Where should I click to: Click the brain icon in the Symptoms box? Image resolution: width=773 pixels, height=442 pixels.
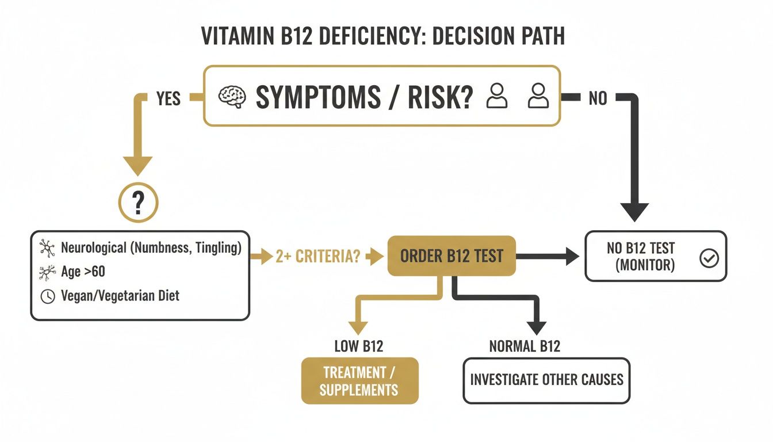[232, 96]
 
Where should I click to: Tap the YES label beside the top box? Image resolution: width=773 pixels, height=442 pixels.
[168, 99]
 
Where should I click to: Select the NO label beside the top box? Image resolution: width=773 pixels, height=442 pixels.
[598, 99]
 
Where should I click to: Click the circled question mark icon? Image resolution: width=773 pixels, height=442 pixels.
[137, 203]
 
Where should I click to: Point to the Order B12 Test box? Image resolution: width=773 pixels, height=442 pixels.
[451, 256]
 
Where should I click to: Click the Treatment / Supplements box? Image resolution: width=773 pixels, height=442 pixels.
[359, 381]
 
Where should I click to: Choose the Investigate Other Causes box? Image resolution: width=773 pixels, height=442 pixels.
[546, 380]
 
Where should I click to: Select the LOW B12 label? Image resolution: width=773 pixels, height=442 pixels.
[359, 346]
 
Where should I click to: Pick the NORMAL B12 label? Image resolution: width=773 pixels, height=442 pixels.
[525, 346]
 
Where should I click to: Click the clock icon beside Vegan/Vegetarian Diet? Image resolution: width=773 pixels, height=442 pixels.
[49, 296]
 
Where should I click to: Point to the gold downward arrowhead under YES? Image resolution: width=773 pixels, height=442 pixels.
[139, 166]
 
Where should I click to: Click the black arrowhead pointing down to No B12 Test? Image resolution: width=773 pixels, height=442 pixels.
[635, 212]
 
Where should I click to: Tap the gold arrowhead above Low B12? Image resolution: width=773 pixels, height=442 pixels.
[358, 327]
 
